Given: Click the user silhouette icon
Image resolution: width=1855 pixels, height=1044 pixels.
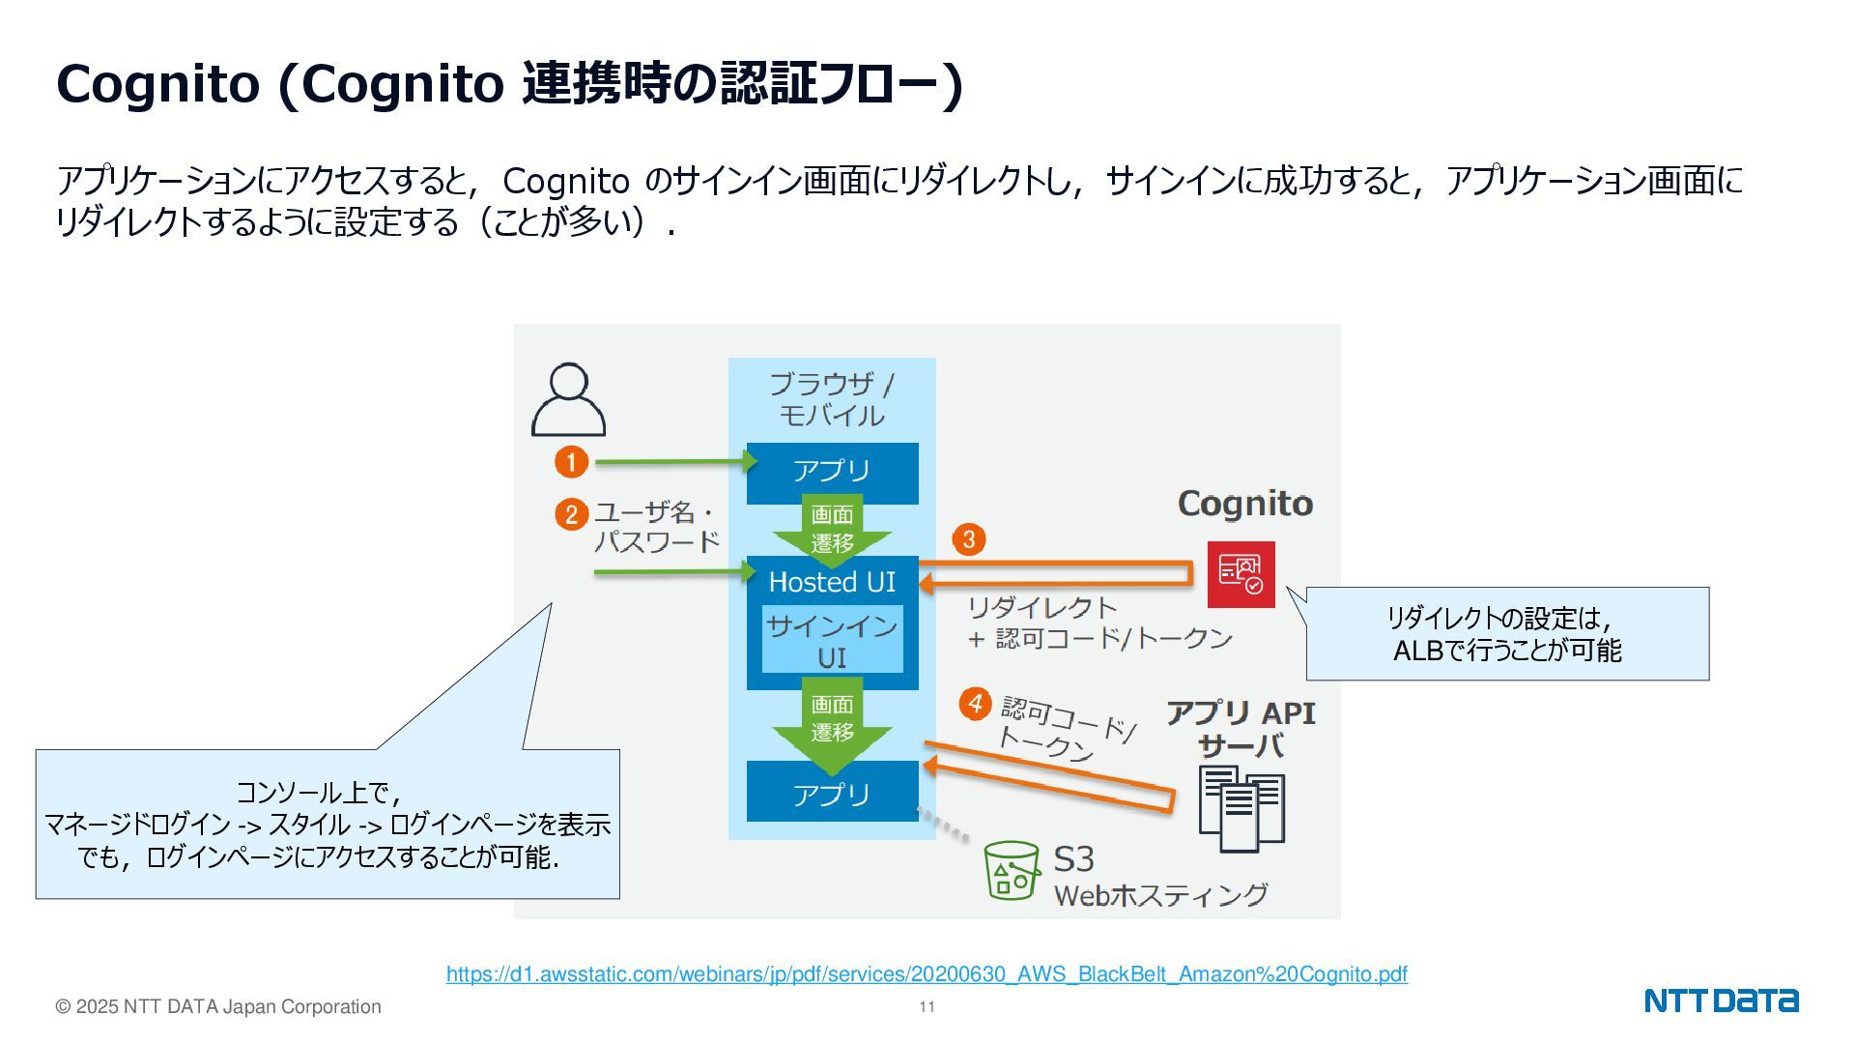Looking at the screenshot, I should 568,400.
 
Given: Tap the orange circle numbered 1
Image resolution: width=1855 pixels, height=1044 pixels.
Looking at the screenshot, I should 571,462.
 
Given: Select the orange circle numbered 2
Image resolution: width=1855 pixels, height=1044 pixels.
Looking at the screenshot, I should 571,514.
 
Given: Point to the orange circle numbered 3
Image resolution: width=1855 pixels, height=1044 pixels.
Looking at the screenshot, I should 969,538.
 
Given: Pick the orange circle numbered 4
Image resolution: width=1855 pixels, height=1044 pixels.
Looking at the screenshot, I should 975,703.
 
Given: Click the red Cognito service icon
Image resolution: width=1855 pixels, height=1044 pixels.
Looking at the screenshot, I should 1241,574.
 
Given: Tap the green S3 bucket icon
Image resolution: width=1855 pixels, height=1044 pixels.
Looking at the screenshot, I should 1011,869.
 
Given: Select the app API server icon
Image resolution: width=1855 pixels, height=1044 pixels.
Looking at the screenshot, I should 1241,808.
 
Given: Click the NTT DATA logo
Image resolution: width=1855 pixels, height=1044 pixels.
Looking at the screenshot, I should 1721,1000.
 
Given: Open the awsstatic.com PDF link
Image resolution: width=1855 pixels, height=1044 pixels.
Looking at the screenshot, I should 927,974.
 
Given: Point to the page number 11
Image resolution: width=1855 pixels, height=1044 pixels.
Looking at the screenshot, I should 927,1007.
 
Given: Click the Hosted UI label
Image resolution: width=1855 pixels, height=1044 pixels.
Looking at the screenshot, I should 832,582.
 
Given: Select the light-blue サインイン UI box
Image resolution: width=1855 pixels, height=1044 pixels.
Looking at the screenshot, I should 832,640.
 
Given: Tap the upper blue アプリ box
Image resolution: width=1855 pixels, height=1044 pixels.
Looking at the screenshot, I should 832,472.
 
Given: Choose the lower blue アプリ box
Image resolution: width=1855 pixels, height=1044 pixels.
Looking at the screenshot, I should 832,793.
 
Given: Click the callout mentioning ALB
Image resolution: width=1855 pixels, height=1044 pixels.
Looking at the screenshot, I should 1507,634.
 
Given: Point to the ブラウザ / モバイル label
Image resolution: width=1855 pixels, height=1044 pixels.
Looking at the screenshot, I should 832,399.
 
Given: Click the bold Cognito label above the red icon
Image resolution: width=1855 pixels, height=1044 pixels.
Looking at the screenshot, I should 1244,504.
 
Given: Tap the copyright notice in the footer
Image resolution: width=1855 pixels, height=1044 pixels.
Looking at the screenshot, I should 218,1007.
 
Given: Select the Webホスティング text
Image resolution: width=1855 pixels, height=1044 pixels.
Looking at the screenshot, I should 1159,895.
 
